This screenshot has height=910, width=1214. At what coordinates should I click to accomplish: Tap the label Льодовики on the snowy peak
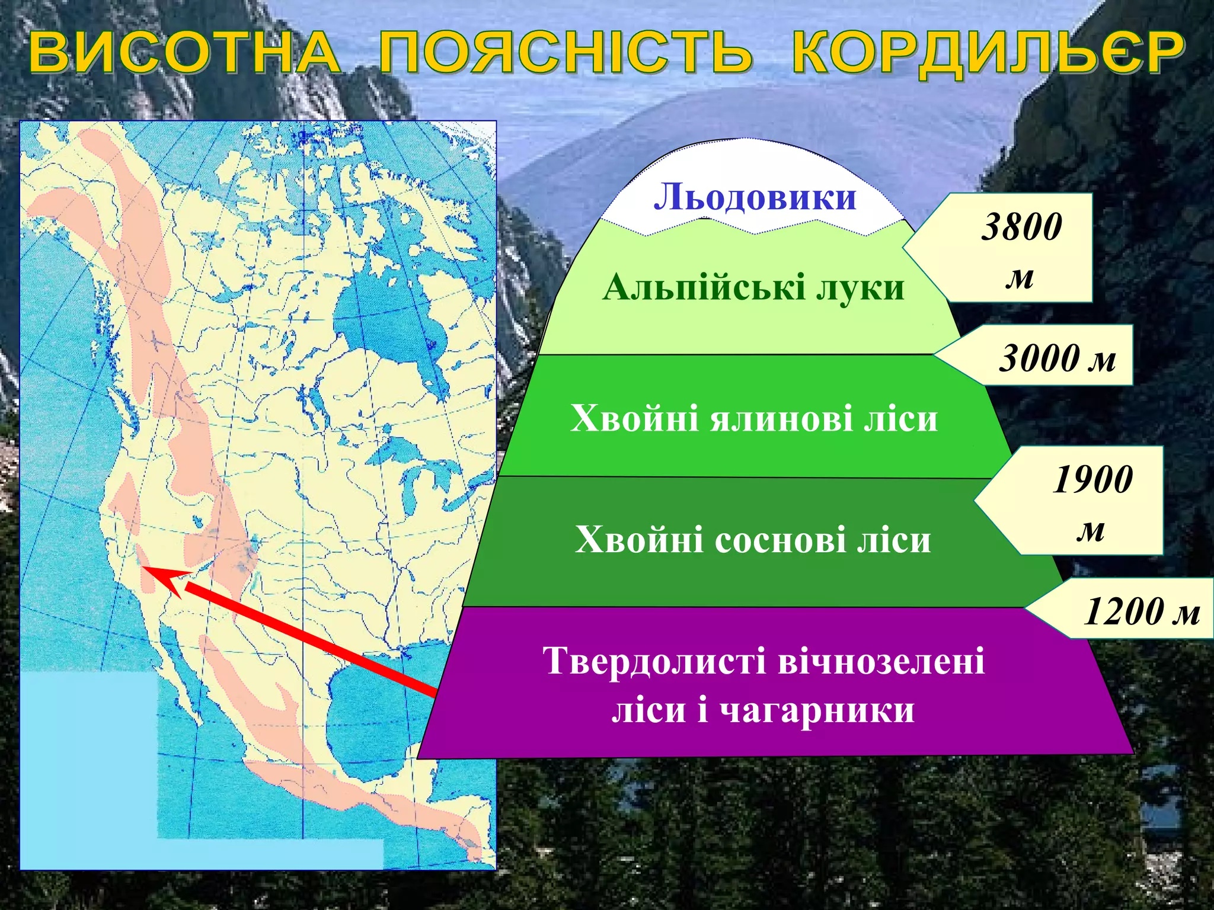pos(755,197)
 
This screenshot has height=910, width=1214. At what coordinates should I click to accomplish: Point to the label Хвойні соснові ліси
pos(753,540)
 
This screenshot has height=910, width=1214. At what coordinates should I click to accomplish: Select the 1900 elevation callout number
pos(1092,479)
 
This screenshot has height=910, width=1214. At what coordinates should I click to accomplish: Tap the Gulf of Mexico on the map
pos(379,717)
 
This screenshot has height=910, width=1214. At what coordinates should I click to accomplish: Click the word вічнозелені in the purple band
pos(881,661)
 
